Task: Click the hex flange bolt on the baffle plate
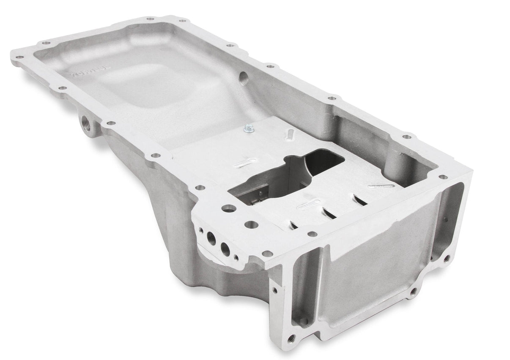click(249, 128)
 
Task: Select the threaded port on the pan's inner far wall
click(244, 77)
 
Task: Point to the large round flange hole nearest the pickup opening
click(229, 208)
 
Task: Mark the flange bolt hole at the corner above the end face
click(442, 177)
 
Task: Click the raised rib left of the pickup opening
click(245, 163)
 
